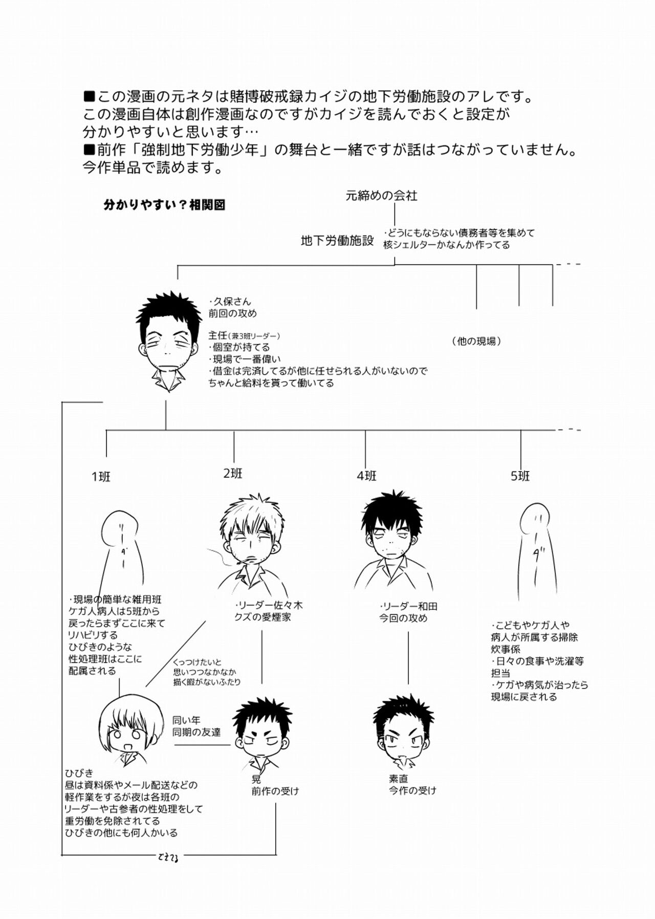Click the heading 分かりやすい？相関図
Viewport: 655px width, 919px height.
coord(164,205)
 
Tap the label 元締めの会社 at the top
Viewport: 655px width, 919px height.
coord(381,195)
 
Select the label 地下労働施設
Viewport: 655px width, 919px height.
coord(337,241)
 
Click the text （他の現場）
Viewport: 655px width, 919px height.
coord(476,341)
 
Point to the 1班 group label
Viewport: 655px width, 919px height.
coord(101,477)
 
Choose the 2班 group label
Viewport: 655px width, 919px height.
coord(233,474)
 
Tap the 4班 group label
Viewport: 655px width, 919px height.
coord(366,476)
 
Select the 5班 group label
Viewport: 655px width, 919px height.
coord(520,476)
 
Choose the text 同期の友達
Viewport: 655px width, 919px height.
coord(196,733)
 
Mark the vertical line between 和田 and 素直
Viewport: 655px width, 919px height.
coord(408,658)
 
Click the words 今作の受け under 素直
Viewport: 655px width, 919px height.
coord(412,790)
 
